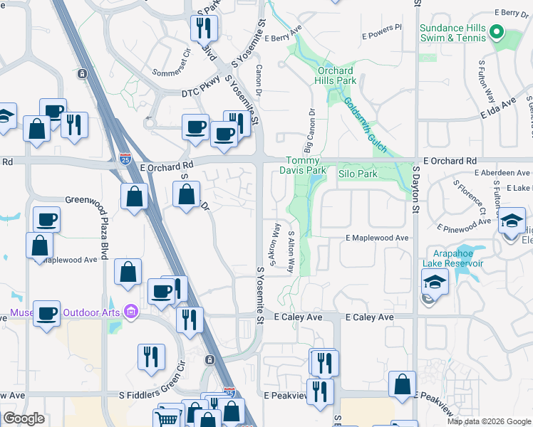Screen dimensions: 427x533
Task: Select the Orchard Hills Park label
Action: coord(335,76)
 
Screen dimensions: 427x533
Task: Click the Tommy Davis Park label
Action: coord(306,165)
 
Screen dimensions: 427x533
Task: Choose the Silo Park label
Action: coord(357,174)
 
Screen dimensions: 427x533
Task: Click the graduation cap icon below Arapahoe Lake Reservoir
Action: coord(435,282)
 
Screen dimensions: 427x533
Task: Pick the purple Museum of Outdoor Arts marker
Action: coord(130,312)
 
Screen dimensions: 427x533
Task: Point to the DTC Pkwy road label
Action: coord(200,93)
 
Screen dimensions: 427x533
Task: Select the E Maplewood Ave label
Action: coord(377,238)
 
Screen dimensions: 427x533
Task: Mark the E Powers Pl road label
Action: coord(382,33)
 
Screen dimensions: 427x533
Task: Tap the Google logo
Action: coord(24,418)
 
